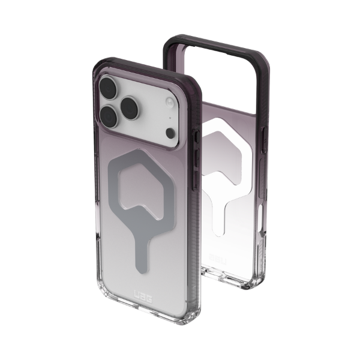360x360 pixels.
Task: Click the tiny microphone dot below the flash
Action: pyautogui.click(x=170, y=118)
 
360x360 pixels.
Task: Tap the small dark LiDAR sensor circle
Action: pyautogui.click(x=170, y=133)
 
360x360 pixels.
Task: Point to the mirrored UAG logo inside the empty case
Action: pyautogui.click(x=217, y=259)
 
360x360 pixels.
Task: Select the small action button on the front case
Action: pyautogui.click(x=197, y=137)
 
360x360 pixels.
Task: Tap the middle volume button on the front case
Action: pyautogui.click(x=197, y=158)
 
